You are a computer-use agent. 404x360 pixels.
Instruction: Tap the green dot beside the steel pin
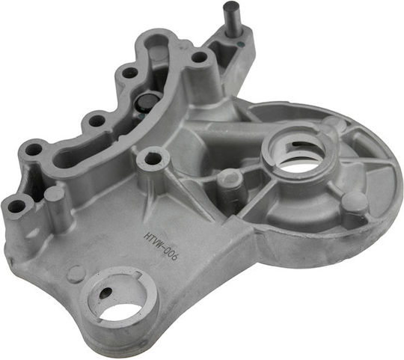(240, 43)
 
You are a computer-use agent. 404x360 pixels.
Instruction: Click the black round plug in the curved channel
(145, 103)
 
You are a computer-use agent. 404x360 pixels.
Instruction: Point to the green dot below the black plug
(141, 116)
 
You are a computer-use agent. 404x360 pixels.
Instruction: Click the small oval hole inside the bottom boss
(105, 293)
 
